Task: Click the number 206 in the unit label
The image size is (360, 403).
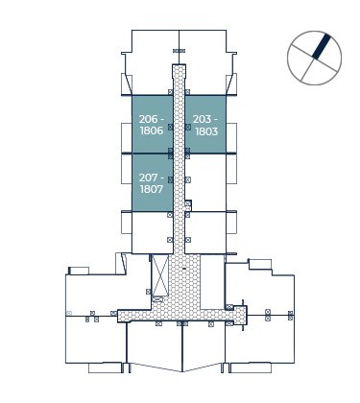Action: tap(149, 119)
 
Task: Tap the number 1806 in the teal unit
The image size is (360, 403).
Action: tap(152, 130)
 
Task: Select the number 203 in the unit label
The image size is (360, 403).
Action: tap(202, 119)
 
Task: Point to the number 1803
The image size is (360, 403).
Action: tap(206, 131)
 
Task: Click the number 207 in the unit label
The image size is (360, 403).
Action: tap(149, 178)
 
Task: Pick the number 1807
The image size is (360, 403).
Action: tap(152, 189)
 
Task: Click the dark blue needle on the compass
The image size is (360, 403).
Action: tap(321, 46)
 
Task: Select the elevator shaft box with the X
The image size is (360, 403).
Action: tap(159, 275)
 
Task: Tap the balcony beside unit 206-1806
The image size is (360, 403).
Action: tap(127, 137)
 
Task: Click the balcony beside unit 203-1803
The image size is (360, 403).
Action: tap(231, 137)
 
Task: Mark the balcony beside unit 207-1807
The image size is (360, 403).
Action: tap(127, 169)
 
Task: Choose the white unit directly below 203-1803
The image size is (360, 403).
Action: tap(205, 182)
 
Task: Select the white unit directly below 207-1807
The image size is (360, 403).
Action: tap(153, 232)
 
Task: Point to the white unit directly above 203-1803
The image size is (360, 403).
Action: tap(205, 62)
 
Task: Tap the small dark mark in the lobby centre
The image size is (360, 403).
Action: tap(184, 269)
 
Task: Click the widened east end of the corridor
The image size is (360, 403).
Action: tap(240, 315)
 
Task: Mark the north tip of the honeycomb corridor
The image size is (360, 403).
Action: tap(179, 65)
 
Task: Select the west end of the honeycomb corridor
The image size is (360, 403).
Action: tap(119, 316)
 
